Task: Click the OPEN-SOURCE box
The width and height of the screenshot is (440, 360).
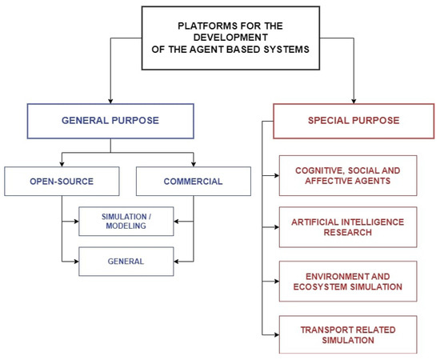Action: pos(62,182)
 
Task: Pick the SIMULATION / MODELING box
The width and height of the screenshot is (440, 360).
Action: pos(126,222)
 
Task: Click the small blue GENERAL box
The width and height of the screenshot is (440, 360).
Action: pos(126,260)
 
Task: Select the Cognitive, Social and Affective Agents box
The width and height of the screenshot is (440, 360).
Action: pos(347,176)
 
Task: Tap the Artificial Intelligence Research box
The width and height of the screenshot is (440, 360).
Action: pos(347,227)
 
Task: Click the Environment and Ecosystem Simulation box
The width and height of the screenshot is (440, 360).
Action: pos(347,281)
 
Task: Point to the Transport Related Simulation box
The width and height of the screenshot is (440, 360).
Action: pos(347,334)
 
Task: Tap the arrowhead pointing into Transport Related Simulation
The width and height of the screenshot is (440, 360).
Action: pos(275,334)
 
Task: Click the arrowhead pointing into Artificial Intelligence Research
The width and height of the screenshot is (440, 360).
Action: pos(275,227)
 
